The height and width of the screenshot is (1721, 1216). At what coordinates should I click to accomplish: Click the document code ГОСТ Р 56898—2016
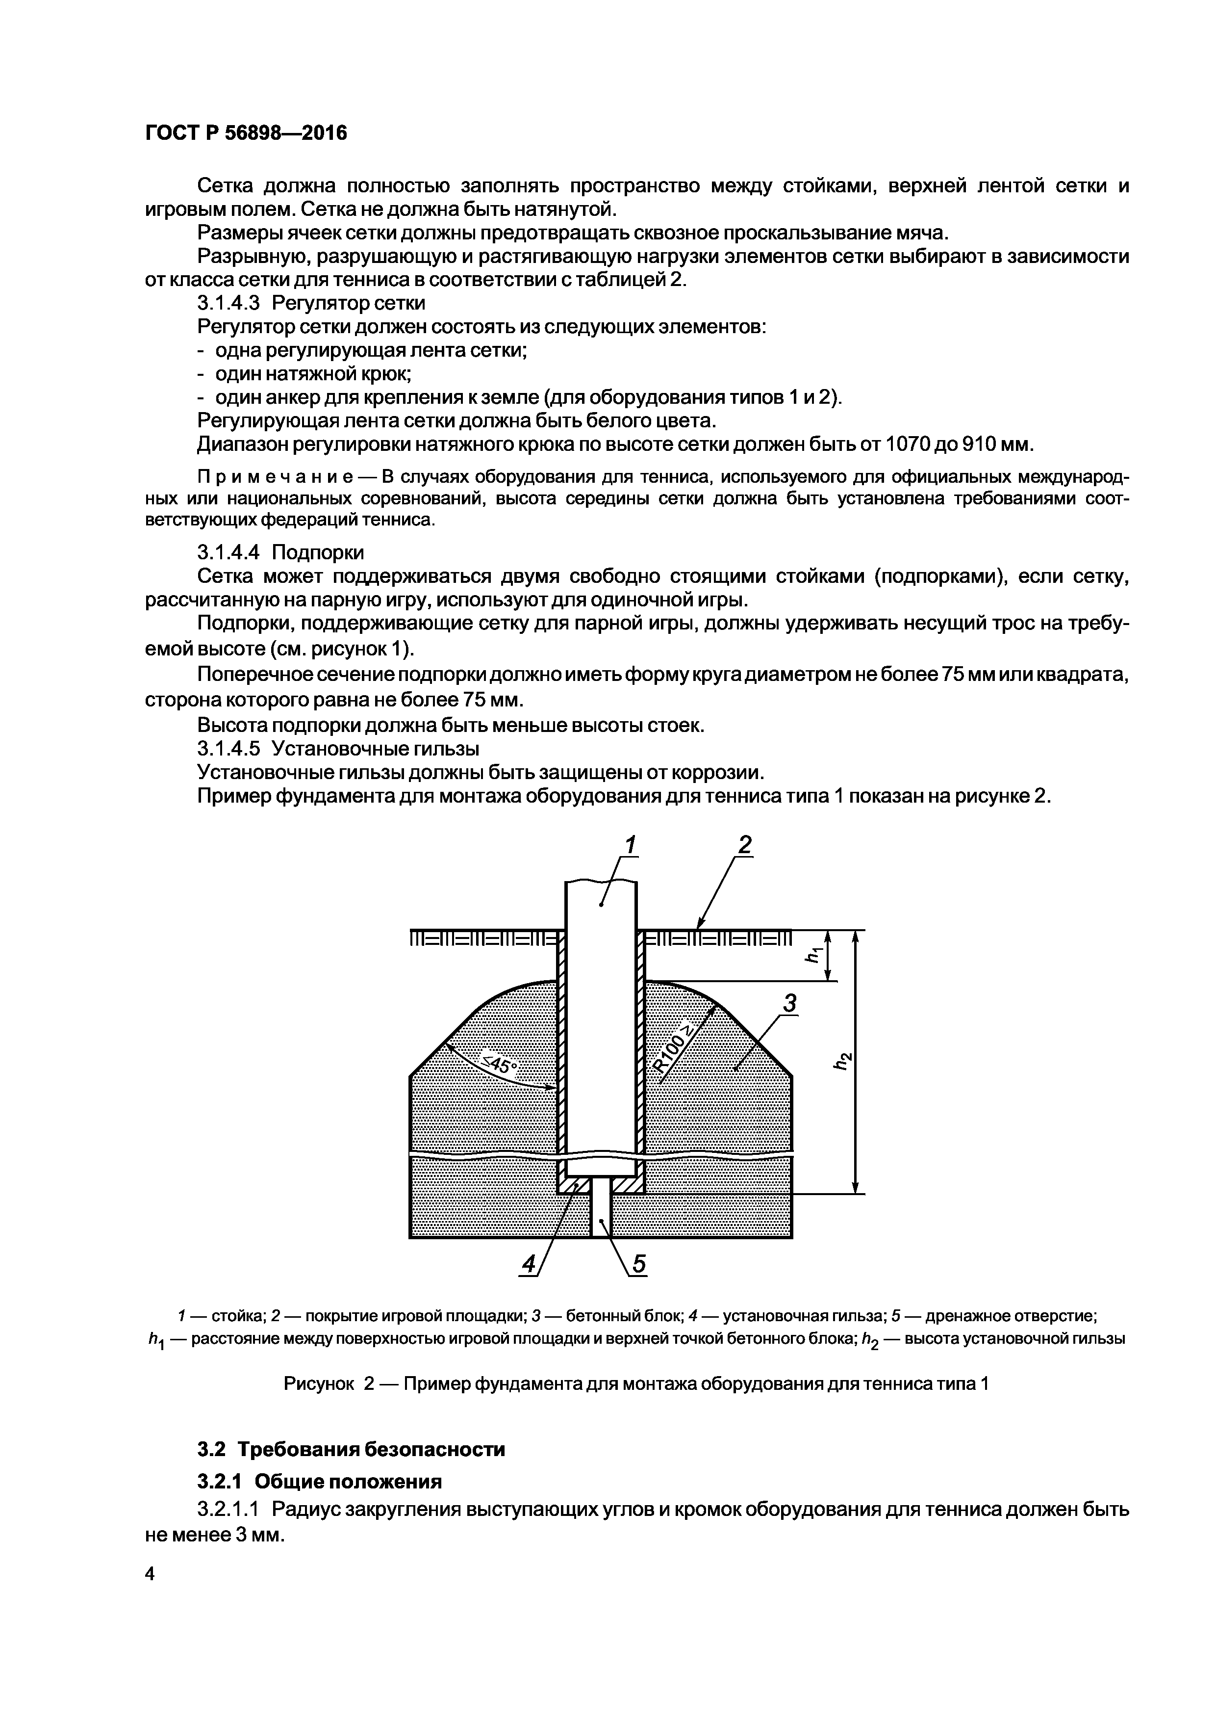246,133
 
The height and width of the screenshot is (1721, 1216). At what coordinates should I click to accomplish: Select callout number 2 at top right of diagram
744,845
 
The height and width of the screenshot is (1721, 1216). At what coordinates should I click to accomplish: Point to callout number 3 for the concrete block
789,1003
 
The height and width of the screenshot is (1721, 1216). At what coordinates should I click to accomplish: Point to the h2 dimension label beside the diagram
844,1061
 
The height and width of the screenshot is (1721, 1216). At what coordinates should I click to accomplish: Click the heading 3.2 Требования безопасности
352,1449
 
